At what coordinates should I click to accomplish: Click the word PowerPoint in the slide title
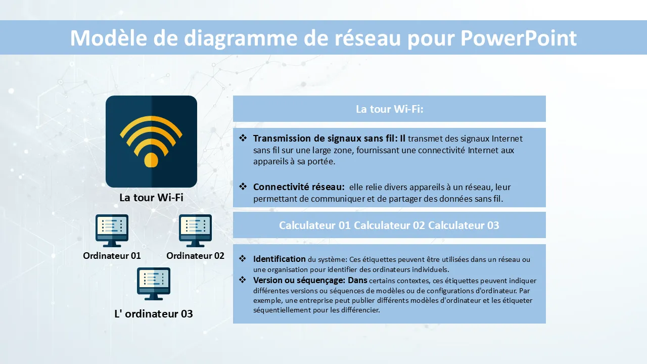(x=519, y=38)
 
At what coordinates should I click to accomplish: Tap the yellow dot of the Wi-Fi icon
(x=151, y=160)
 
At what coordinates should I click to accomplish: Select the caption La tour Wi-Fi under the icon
(x=151, y=198)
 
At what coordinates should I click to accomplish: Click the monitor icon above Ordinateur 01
(x=112, y=231)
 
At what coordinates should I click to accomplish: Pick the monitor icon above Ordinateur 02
(x=195, y=231)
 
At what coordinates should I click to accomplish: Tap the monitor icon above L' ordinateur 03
(x=154, y=284)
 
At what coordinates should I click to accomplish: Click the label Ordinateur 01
(x=112, y=256)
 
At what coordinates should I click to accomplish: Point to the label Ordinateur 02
(x=195, y=256)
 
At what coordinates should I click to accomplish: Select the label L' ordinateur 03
(x=154, y=314)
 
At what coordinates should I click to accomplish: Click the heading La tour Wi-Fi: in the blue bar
(x=389, y=109)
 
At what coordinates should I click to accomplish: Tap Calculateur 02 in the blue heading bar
(x=389, y=225)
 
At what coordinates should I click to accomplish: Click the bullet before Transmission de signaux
(x=243, y=138)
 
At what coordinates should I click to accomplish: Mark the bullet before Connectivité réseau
(x=243, y=187)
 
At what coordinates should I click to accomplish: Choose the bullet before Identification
(x=243, y=258)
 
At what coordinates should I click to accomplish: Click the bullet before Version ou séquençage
(x=243, y=280)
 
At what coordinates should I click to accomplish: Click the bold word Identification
(x=280, y=259)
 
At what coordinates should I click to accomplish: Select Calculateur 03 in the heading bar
(x=464, y=225)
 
